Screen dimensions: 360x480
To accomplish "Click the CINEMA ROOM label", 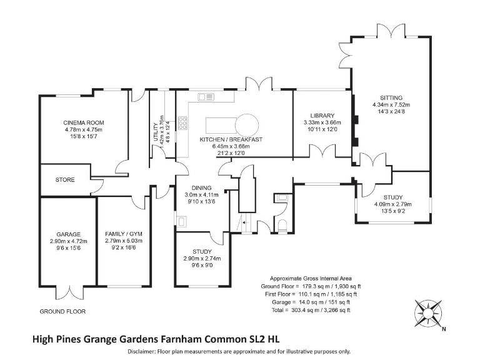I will pos(83,122).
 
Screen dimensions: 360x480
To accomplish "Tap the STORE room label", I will pos(65,180).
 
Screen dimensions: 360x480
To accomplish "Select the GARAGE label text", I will pos(68,232).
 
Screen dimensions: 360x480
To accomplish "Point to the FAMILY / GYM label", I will pos(124,232).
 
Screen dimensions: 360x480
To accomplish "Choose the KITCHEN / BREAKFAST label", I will pos(230,139).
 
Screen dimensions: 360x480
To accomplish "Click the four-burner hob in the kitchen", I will pos(184,123).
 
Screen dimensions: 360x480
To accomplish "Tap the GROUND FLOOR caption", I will pos(62,311).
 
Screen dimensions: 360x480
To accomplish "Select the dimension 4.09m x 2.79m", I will pos(393,204).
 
